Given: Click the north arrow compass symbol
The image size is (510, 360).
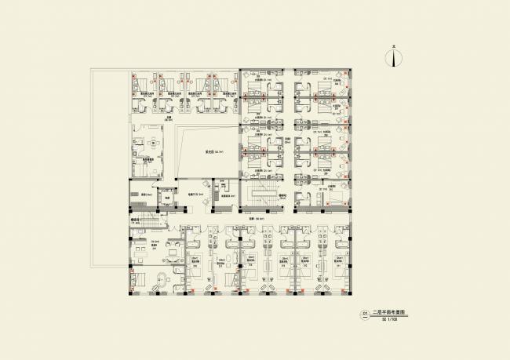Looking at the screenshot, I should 396,58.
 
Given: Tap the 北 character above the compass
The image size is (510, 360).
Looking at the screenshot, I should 396,48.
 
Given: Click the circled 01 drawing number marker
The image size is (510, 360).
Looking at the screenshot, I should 364,315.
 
